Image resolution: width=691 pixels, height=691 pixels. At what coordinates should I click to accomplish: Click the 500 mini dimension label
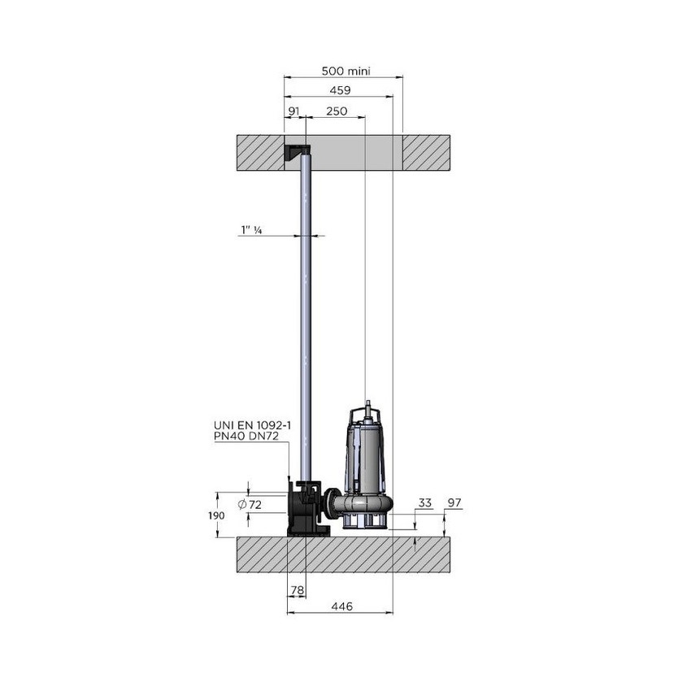pos(346,71)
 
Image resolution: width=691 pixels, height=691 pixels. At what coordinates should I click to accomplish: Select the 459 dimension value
pos(340,90)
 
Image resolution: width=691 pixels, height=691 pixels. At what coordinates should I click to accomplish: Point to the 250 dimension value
pos(337,111)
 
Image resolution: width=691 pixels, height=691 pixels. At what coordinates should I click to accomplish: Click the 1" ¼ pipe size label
pos(252,229)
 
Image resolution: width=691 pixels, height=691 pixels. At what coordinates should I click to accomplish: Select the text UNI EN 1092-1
pos(252,426)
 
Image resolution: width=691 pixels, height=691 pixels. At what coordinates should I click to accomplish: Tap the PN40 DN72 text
pos(246,437)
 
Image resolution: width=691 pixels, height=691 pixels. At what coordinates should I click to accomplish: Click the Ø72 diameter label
pos(250,505)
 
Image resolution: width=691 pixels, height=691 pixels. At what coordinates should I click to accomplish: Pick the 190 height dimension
pos(216,515)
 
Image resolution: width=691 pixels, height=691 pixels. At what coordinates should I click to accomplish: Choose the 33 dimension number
pos(425,503)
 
